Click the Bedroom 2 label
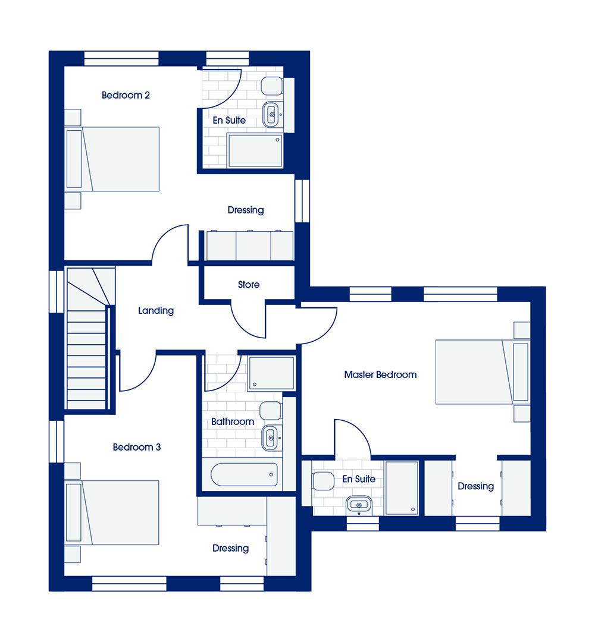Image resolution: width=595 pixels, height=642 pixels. click(x=126, y=95)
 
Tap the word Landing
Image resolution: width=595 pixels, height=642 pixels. click(x=156, y=311)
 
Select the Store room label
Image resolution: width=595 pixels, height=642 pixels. click(x=249, y=285)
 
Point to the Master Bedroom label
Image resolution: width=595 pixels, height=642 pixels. click(x=380, y=374)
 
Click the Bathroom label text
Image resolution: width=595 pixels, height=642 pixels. click(x=232, y=421)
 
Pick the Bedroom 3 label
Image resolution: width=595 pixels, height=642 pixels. click(x=137, y=447)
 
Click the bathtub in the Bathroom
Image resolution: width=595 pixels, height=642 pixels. click(x=244, y=474)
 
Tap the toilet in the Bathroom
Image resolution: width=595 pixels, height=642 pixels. click(x=271, y=411)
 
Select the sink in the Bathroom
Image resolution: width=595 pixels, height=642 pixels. click(x=270, y=438)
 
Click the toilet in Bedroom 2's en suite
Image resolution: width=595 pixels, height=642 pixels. click(x=272, y=86)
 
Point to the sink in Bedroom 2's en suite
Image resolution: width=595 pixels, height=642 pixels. click(x=271, y=114)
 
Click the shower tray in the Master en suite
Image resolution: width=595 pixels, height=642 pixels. click(x=402, y=488)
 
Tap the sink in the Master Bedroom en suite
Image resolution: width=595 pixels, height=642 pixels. click(x=359, y=505)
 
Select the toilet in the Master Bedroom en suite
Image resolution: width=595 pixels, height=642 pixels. click(x=323, y=481)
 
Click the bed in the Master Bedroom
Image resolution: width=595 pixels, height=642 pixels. click(x=483, y=372)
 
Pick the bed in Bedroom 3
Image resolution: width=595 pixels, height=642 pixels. click(x=112, y=512)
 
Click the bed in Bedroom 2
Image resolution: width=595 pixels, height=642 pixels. click(x=112, y=159)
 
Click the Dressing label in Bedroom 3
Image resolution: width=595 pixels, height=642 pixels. click(x=230, y=548)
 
